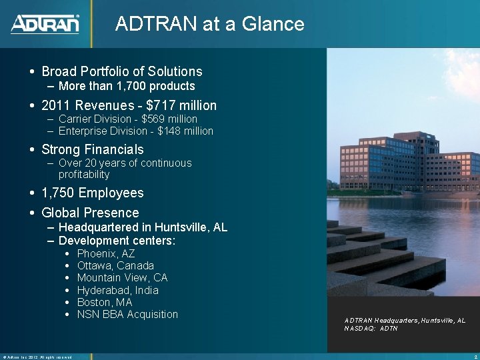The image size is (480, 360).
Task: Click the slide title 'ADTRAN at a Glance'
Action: click(209, 24)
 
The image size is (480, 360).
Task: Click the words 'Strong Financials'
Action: click(93, 149)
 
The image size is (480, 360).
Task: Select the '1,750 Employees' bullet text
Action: click(93, 193)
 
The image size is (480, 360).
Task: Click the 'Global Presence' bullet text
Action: click(90, 213)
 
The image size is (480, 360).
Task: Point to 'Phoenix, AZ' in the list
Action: click(106, 253)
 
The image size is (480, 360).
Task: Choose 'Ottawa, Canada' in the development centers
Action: click(115, 265)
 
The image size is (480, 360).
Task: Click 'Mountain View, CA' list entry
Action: click(122, 277)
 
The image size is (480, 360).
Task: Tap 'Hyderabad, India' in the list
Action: click(118, 290)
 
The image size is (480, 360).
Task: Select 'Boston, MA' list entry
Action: click(105, 302)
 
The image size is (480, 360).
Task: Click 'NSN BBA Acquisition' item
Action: click(127, 314)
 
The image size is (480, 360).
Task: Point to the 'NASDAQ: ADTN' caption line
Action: click(371, 329)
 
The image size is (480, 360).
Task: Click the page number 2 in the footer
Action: click(474, 357)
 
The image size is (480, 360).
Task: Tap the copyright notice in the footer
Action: click(37, 357)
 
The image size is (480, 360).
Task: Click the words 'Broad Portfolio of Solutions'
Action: click(122, 71)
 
